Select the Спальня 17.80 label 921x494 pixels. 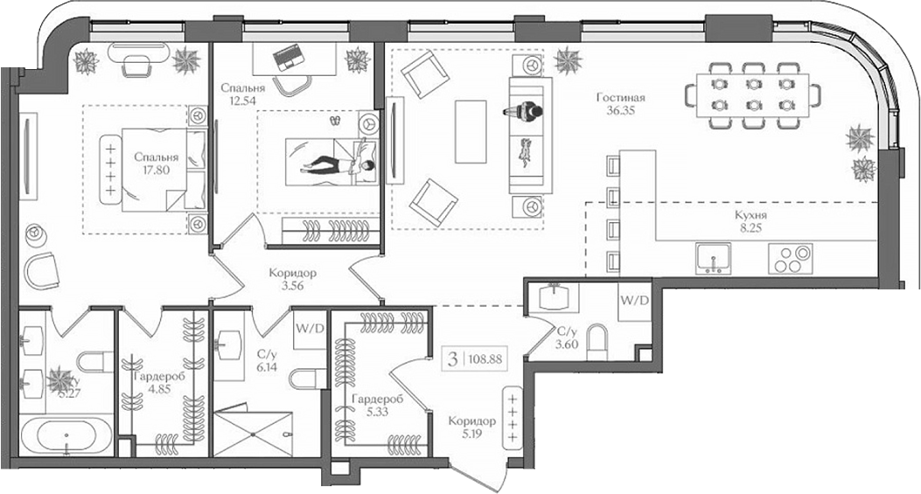[x=157, y=164]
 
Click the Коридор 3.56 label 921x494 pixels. [x=293, y=279]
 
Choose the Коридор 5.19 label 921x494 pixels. [x=471, y=427]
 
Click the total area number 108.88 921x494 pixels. [x=486, y=358]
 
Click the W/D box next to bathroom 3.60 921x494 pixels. [x=634, y=301]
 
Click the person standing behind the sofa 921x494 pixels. [x=524, y=111]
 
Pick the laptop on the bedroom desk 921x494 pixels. [x=287, y=59]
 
